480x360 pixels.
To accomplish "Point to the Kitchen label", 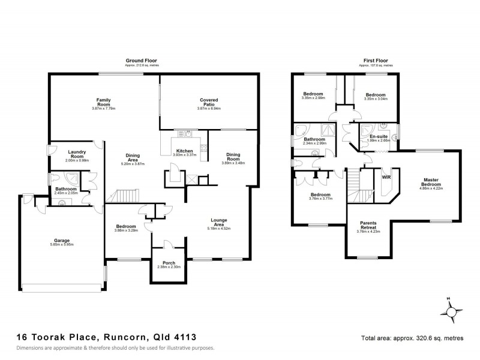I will (184, 151).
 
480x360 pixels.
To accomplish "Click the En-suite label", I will (378, 137).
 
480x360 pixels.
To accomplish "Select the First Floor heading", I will (376, 61).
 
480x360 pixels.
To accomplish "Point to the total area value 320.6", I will (427, 338).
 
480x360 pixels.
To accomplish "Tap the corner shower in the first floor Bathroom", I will (301, 130).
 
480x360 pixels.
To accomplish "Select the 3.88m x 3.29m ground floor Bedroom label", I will (127, 228).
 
